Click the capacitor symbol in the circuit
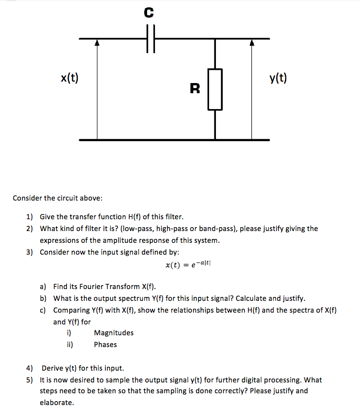(x=150, y=38)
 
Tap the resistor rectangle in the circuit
(x=215, y=89)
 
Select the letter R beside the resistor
(x=195, y=88)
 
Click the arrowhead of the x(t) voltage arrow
(x=97, y=43)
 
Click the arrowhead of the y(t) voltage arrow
(x=252, y=43)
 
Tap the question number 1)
(x=30, y=217)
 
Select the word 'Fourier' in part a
(x=100, y=287)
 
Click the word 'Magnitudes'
(x=114, y=333)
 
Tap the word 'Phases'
(x=105, y=345)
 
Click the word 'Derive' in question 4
(x=52, y=368)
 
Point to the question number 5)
(x=30, y=380)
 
